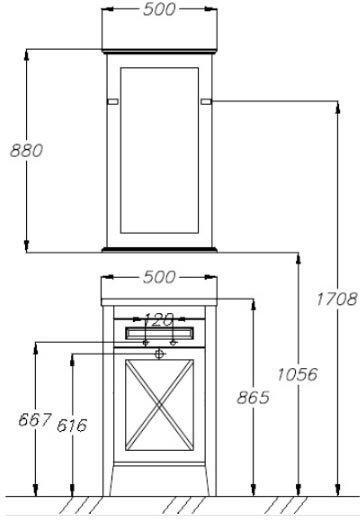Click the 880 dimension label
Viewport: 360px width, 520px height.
[x=27, y=150]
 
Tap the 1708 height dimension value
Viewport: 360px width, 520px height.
[x=337, y=299]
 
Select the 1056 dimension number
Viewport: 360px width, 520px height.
[x=298, y=374]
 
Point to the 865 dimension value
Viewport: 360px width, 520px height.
[x=253, y=397]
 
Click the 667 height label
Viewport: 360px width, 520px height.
[x=35, y=419]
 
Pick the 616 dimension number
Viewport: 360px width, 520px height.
[x=72, y=425]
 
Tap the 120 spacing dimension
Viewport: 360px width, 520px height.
[x=159, y=320]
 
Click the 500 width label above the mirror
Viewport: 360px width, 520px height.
[x=159, y=9]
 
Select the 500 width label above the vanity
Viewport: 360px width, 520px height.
[x=159, y=277]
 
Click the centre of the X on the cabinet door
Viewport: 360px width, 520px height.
[x=159, y=405]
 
